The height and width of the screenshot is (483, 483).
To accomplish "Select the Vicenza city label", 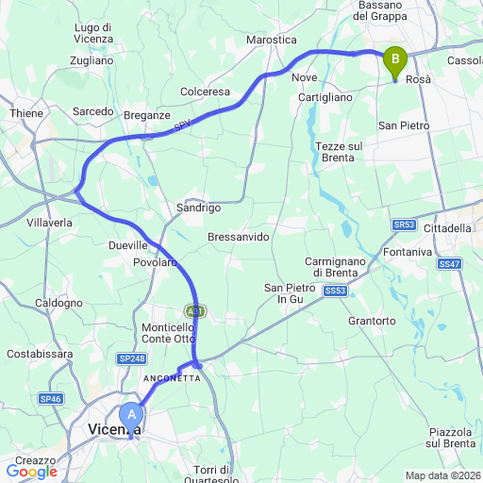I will coord(113,430).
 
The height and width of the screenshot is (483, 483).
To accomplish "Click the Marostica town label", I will coord(271,41).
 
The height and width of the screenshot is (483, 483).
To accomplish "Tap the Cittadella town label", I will coord(446,228).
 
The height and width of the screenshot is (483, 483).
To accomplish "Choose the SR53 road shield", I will coord(404,225).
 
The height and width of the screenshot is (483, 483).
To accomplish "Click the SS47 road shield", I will coord(450,265).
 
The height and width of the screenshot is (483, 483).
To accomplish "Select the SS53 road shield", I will coord(335,292).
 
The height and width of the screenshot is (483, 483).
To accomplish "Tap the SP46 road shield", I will coord(51,399).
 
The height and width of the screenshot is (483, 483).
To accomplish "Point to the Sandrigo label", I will coord(198,208).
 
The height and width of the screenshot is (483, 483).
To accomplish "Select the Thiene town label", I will coord(26,113).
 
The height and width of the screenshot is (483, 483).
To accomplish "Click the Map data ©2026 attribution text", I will coord(441,475).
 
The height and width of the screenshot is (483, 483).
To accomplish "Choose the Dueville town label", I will coord(129,243).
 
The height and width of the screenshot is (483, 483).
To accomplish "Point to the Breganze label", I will coord(146,115).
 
